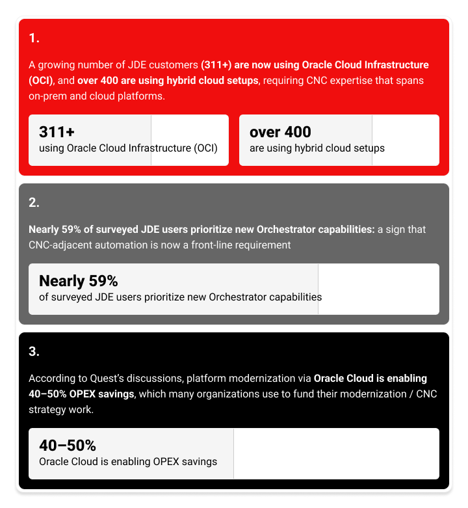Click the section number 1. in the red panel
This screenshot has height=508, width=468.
click(x=34, y=38)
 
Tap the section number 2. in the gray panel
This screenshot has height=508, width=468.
click(x=34, y=202)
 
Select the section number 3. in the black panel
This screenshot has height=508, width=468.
click(x=34, y=352)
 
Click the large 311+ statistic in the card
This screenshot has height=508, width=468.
click(x=57, y=132)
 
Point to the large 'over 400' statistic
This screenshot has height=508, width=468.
click(x=280, y=132)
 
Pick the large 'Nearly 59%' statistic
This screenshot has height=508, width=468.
click(x=78, y=281)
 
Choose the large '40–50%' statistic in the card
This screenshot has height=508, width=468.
click(x=68, y=446)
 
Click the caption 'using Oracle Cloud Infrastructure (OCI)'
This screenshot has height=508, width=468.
click(x=128, y=148)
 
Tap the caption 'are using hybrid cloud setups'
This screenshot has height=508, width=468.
click(x=317, y=148)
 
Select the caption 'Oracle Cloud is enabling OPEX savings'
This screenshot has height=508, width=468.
click(x=128, y=462)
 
